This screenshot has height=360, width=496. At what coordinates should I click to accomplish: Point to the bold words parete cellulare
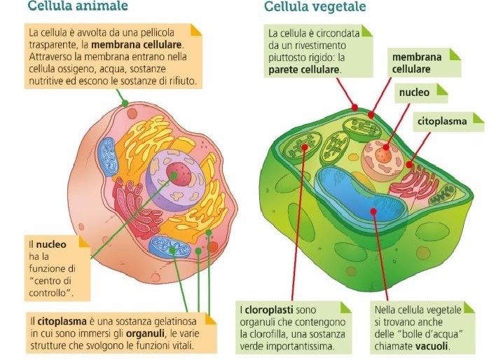coord(303,69)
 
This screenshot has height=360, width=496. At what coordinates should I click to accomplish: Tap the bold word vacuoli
coord(433,347)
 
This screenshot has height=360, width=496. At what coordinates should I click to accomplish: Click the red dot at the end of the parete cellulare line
coord(354,107)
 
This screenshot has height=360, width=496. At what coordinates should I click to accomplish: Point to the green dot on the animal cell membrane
coord(125,103)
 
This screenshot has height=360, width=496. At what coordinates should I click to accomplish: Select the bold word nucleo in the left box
coord(50,245)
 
